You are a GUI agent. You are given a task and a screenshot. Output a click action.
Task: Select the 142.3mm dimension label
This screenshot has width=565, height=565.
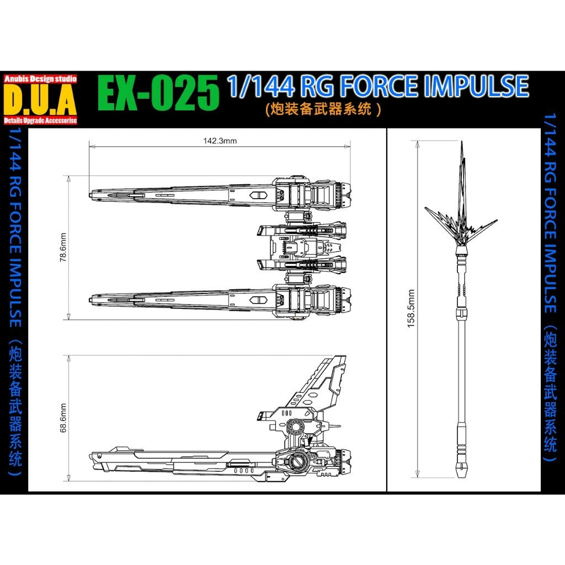(220, 141)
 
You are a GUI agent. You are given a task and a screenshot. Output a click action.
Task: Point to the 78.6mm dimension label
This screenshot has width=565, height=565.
(63, 248)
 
